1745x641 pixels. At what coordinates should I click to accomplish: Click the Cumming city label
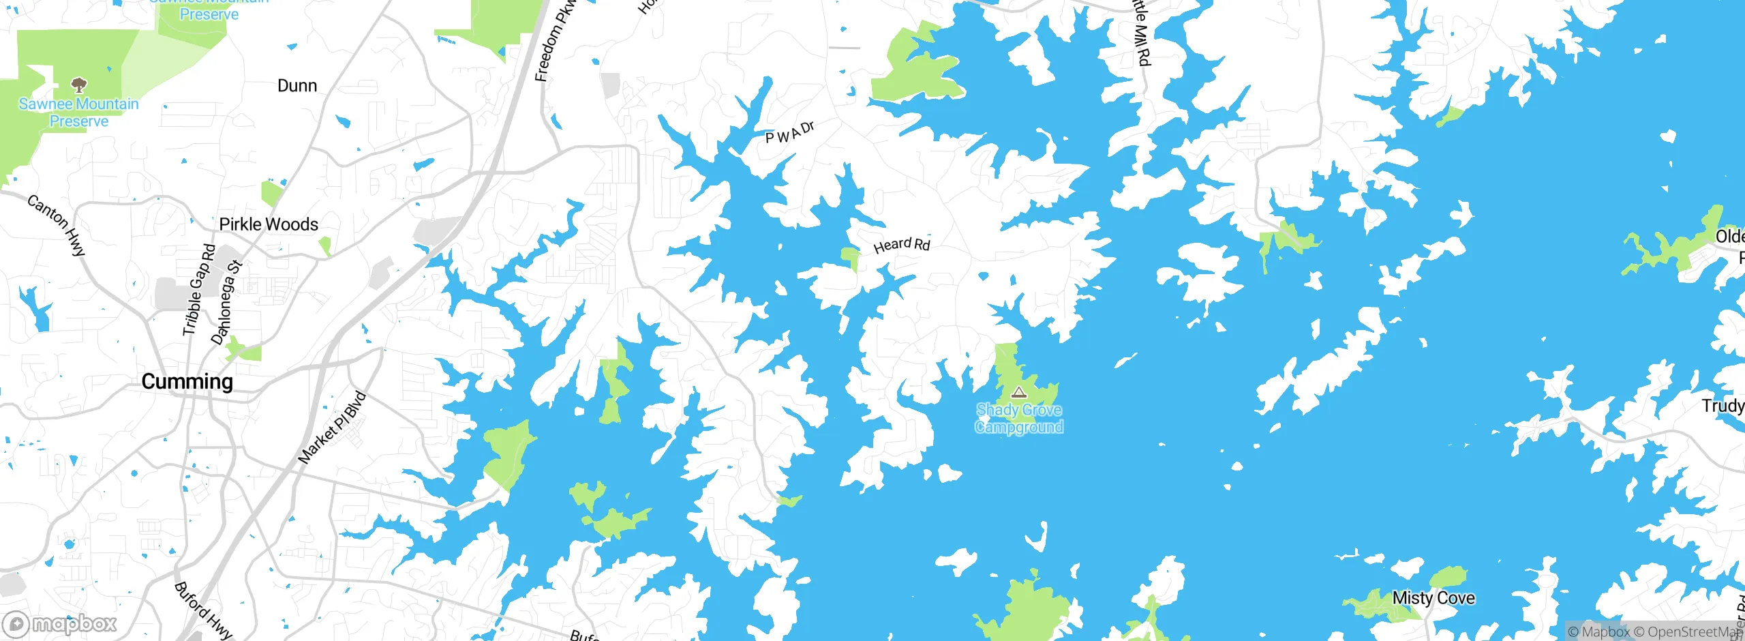pyautogui.click(x=187, y=381)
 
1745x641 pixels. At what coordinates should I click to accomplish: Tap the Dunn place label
pyautogui.click(x=297, y=86)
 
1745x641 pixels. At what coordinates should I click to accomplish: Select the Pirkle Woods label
pyautogui.click(x=269, y=224)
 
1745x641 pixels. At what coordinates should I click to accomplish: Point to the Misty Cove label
pyautogui.click(x=1433, y=598)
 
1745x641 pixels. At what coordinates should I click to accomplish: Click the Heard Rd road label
pyautogui.click(x=901, y=245)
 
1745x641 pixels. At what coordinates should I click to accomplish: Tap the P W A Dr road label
pyautogui.click(x=789, y=133)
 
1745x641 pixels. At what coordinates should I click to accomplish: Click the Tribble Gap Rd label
pyautogui.click(x=198, y=290)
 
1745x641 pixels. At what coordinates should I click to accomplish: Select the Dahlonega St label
pyautogui.click(x=226, y=302)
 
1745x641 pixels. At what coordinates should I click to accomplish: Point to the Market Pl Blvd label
pyautogui.click(x=333, y=428)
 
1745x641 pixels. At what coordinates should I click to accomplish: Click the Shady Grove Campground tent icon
pyautogui.click(x=1018, y=392)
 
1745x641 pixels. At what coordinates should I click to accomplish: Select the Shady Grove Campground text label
pyautogui.click(x=1018, y=418)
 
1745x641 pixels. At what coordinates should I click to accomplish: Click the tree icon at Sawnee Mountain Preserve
pyautogui.click(x=79, y=85)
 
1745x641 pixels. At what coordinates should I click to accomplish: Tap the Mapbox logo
pyautogui.click(x=61, y=623)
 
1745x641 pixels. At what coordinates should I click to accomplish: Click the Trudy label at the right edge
pyautogui.click(x=1723, y=406)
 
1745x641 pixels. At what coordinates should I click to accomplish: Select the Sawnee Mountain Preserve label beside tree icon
pyautogui.click(x=79, y=113)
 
